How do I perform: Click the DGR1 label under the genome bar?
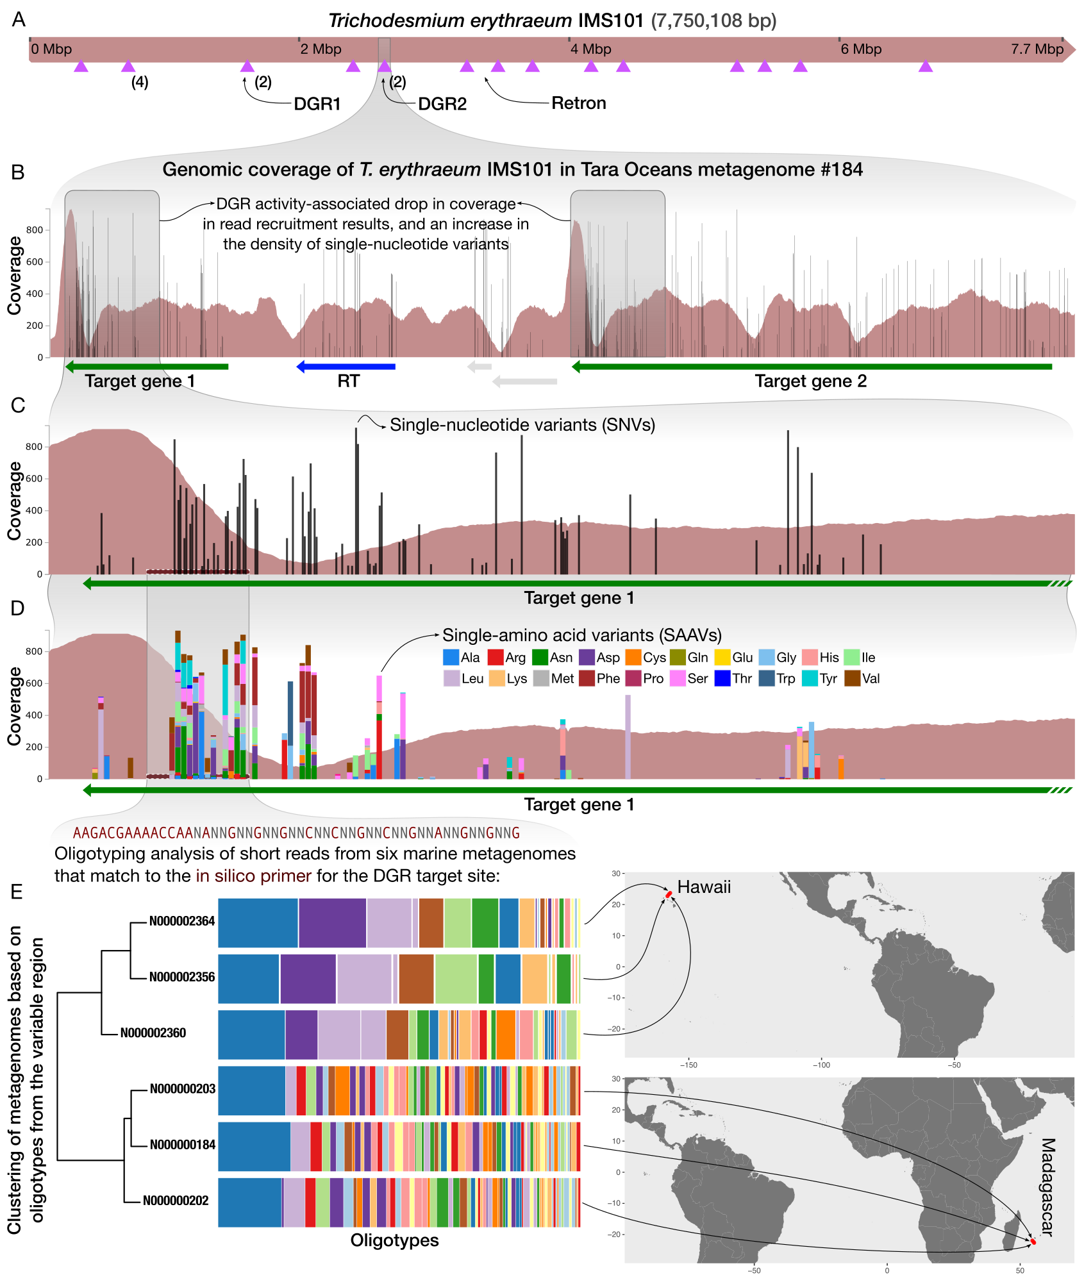(x=317, y=104)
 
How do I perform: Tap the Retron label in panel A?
(x=578, y=103)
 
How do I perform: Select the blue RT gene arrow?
(x=346, y=367)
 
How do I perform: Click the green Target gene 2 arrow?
(x=812, y=367)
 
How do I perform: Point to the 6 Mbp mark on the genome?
(x=860, y=49)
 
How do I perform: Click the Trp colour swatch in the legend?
(x=766, y=678)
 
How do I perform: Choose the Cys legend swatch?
(x=633, y=657)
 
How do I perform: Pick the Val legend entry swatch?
(x=852, y=678)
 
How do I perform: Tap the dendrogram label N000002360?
(x=153, y=1033)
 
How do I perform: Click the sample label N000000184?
(x=182, y=1145)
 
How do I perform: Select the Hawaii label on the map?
(x=704, y=887)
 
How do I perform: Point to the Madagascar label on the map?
(x=1047, y=1186)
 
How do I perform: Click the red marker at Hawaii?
(x=669, y=894)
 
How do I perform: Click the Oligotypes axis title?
(x=394, y=1240)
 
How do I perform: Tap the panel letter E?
(x=17, y=892)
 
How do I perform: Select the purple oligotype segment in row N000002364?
(x=332, y=923)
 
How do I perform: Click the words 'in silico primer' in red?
(x=254, y=876)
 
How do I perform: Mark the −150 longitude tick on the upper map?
(x=688, y=1065)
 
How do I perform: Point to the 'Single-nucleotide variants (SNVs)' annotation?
(x=522, y=425)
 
